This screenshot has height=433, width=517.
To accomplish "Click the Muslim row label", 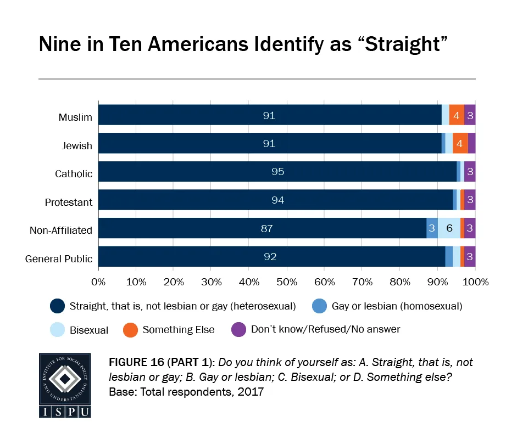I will [76, 117].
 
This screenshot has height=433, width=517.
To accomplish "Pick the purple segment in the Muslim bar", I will [470, 116].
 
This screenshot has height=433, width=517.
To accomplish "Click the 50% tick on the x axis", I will [287, 282].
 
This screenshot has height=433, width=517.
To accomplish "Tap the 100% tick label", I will [475, 282].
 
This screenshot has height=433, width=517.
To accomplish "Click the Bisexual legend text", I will [89, 330].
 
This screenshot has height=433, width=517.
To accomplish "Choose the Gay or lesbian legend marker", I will [320, 306].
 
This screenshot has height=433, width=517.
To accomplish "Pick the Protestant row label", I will [69, 203].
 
